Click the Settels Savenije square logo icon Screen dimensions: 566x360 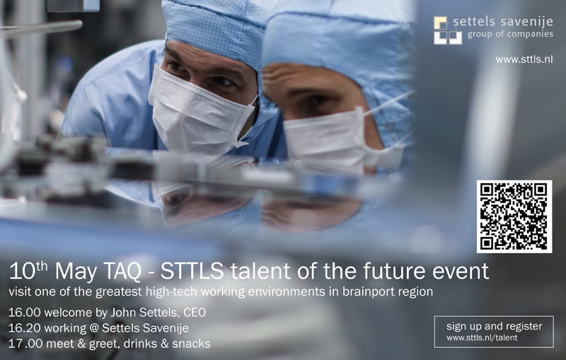point(448,30)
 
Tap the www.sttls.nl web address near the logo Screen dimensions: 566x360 point(524,59)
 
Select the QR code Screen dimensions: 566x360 point(514,216)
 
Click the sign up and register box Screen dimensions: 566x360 point(494,332)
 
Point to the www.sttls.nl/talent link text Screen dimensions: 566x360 point(482,338)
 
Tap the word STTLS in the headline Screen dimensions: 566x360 point(192,272)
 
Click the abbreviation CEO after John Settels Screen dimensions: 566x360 point(195,312)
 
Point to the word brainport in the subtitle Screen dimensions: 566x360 point(366,291)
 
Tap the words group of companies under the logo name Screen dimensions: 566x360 point(510,35)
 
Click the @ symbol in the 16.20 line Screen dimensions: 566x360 point(94,328)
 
